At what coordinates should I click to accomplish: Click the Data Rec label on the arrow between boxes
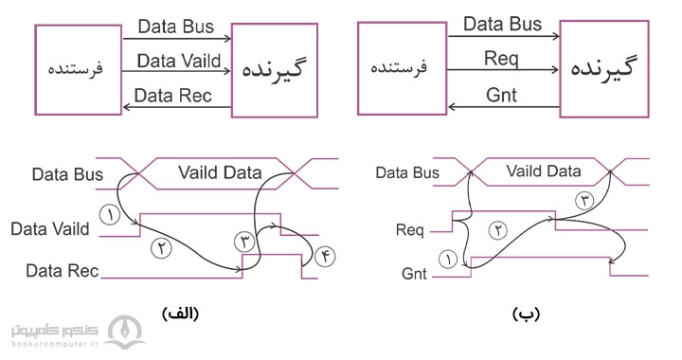tap(173, 95)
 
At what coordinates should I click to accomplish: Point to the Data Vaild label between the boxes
tap(178, 61)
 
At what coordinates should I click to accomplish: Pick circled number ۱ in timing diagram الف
tap(111, 213)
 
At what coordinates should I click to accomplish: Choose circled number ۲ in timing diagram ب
tap(494, 228)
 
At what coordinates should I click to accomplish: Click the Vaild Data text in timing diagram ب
tap(544, 171)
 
